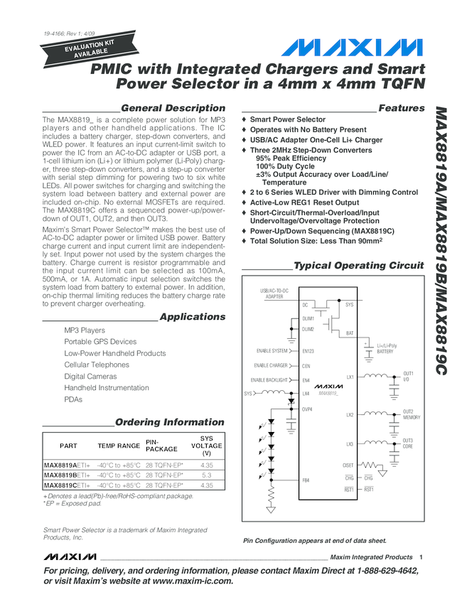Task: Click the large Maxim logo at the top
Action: tap(353, 48)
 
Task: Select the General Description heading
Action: tap(173, 108)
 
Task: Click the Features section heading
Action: tap(402, 108)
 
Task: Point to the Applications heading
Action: tap(192, 317)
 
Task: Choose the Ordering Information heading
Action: tap(169, 422)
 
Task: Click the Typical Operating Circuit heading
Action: tap(358, 266)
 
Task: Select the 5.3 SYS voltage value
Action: tap(207, 475)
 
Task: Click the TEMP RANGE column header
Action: tap(119, 446)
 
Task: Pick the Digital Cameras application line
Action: tap(90, 376)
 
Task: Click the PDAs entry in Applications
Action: tap(73, 399)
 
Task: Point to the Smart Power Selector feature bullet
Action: tap(287, 119)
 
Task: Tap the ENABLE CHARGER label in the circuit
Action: tap(270, 365)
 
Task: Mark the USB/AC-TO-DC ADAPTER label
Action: tap(274, 293)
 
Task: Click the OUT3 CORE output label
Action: tap(408, 443)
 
